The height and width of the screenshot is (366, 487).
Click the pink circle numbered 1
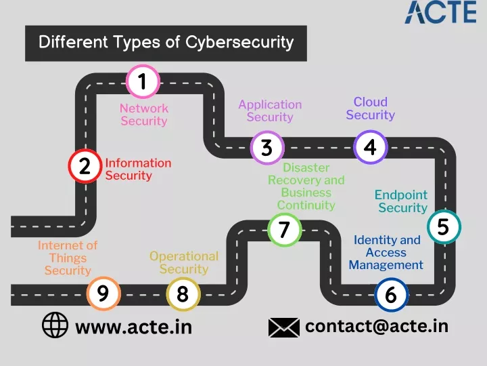pos(143,81)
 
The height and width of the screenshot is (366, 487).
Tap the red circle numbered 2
pos(85,166)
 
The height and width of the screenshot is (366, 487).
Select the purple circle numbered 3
pos(267,148)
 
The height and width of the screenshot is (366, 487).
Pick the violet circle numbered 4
pos(370,147)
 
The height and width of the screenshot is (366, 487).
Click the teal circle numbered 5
pos(444,226)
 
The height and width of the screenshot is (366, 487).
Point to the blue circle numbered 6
pos(391,295)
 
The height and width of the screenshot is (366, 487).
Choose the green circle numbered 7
pos(284,230)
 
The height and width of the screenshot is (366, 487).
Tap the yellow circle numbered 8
pos(183,294)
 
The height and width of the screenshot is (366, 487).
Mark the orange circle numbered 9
pos(103,293)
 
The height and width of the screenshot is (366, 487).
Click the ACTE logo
pos(440,12)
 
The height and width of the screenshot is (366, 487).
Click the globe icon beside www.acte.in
pos(55,325)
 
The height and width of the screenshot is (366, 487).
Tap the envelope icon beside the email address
pos(284,327)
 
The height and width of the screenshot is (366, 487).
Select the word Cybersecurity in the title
pos(239,43)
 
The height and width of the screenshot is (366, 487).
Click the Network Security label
pos(144,115)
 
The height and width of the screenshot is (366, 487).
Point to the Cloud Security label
pos(371,108)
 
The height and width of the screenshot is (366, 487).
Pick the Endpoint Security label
pos(401,201)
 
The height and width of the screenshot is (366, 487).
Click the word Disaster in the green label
pos(306,168)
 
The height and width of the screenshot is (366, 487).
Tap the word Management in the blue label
pos(386,265)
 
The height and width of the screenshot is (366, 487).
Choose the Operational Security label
pos(184,262)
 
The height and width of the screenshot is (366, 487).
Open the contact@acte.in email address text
pos(377,326)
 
